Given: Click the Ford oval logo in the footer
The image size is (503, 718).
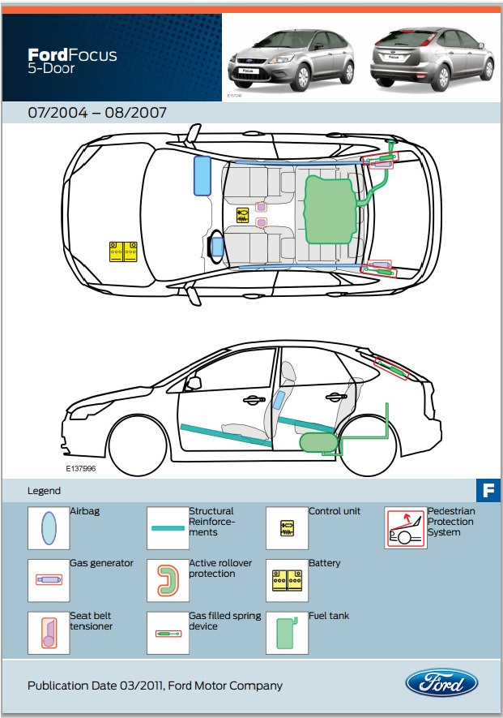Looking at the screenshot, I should click(x=441, y=683).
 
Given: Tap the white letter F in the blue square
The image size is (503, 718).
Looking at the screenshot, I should click(x=488, y=490).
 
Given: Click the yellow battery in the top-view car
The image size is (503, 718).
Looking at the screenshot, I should click(x=123, y=252).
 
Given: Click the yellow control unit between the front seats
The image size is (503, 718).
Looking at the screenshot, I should click(x=242, y=214).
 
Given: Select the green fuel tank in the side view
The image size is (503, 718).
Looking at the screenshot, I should click(x=318, y=442).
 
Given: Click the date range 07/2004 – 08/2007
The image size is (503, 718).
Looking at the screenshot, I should click(x=97, y=113).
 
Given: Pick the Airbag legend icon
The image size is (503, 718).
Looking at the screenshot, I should click(x=48, y=528).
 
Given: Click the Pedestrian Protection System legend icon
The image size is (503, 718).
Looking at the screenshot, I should click(x=405, y=528).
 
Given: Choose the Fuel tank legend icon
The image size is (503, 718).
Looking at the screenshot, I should click(x=286, y=632).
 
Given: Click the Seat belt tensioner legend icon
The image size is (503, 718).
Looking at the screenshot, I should click(x=48, y=632).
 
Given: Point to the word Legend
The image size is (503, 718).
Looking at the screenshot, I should click(x=44, y=491).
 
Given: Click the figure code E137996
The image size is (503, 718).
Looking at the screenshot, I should click(x=82, y=469).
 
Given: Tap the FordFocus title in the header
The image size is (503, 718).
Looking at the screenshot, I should click(x=72, y=56).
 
